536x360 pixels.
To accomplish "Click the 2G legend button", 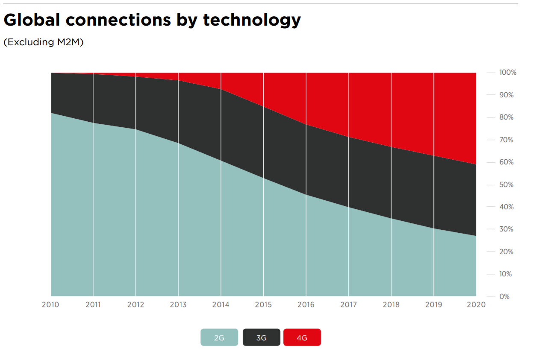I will [x=219, y=337].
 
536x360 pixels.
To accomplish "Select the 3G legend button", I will [x=261, y=337].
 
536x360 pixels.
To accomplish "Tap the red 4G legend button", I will [x=302, y=337].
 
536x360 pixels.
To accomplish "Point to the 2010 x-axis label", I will [x=50, y=304].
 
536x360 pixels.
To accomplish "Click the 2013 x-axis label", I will [x=178, y=304].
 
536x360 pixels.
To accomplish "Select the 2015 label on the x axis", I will [x=263, y=304].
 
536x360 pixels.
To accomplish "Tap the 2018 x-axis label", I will [x=391, y=304].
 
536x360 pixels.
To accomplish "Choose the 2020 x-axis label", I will [x=477, y=304].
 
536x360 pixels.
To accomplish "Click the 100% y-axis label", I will [x=507, y=73].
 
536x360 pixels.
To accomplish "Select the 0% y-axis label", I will [x=504, y=296].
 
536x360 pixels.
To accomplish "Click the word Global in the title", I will [x=37, y=20].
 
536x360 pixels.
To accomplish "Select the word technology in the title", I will [x=252, y=20].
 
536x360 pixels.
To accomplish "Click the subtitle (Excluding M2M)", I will [x=43, y=42].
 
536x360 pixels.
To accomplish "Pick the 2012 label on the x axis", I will [x=135, y=304].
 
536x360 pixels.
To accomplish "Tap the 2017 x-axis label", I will [x=349, y=304].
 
